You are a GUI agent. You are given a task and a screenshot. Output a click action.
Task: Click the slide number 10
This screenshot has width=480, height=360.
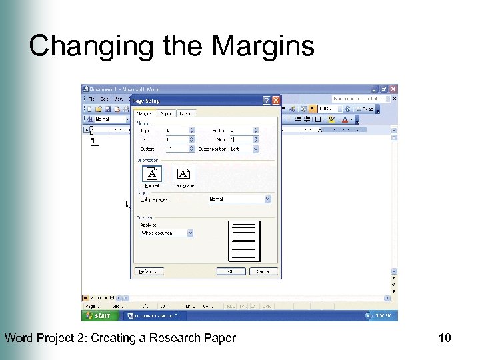445,339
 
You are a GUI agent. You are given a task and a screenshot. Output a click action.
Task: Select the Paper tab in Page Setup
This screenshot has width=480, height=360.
166,113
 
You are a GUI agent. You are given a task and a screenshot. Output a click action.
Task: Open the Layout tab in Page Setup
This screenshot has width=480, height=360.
186,113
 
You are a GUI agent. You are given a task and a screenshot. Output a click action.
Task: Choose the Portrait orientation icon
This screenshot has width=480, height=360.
152,174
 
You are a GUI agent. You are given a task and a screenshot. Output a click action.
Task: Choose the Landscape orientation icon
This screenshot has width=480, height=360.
184,174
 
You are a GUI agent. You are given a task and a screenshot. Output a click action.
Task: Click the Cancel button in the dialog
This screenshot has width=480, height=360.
263,271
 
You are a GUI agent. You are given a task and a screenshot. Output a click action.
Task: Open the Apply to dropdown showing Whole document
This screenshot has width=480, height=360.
167,233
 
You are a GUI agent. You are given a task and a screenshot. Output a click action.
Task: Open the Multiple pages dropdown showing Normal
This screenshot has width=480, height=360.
239,199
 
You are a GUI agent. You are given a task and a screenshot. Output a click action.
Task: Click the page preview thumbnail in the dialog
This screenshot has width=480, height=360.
244,241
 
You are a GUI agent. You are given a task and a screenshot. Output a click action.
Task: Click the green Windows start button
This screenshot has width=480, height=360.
98,315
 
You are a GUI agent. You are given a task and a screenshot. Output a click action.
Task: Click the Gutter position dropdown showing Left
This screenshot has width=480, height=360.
243,149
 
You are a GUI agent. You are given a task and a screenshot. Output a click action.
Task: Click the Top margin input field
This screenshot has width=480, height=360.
179,131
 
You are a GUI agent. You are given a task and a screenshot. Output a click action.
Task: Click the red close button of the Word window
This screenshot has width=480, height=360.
393,89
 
